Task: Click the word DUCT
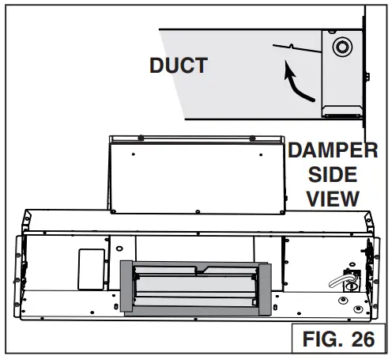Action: [x=179, y=65]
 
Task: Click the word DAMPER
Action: [x=333, y=150]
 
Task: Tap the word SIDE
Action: [x=333, y=174]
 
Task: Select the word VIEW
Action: [x=333, y=199]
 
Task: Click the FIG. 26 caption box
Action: [x=339, y=338]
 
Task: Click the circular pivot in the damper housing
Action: [x=342, y=47]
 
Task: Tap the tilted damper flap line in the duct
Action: [x=297, y=48]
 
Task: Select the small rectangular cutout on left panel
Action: [x=92, y=269]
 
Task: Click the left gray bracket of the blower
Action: [x=126, y=286]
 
